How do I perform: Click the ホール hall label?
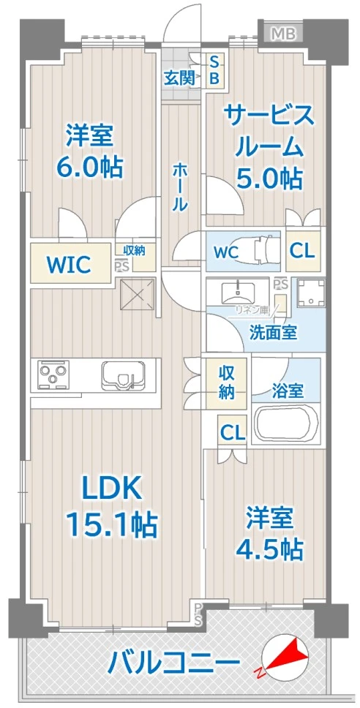[x=179, y=187]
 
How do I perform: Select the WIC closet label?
[x=70, y=264]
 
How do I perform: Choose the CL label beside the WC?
[x=302, y=251]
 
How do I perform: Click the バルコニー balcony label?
[x=174, y=663]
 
